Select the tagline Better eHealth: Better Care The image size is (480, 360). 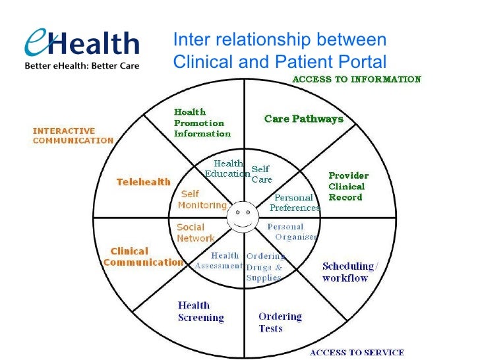(82, 67)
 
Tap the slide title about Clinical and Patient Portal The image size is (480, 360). (279, 51)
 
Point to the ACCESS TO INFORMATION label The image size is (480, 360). (356, 80)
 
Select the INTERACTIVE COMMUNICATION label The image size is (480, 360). (73, 135)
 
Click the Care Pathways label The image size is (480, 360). (303, 119)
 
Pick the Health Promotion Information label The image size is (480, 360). (202, 123)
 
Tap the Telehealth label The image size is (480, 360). (143, 181)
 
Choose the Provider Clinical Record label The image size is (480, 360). (348, 187)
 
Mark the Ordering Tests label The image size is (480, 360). (280, 322)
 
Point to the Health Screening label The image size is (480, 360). (200, 311)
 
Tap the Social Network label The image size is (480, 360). (195, 233)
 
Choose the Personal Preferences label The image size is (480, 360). (295, 202)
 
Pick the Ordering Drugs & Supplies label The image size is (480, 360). (264, 267)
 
